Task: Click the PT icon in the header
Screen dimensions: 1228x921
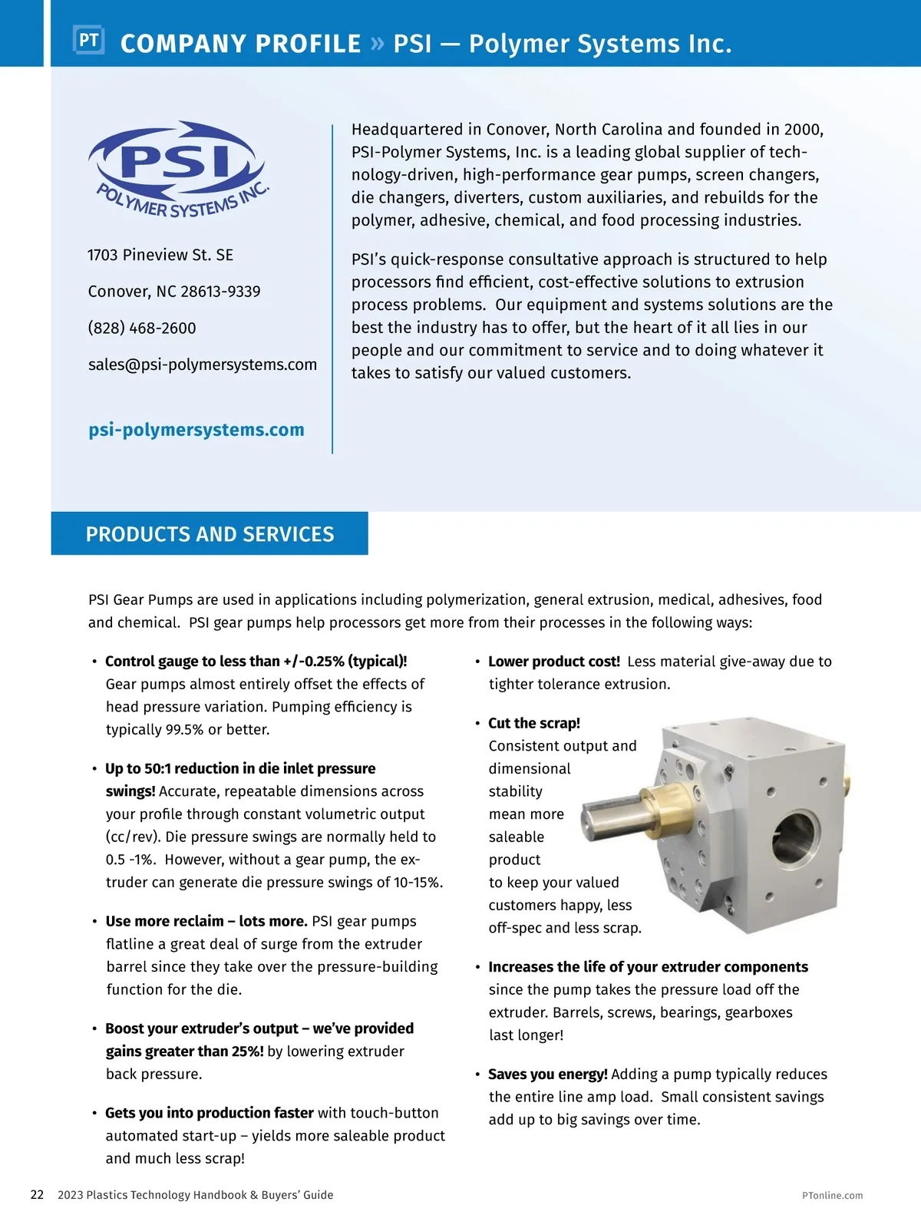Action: pos(88,40)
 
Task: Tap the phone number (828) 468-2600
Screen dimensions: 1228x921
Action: pos(142,328)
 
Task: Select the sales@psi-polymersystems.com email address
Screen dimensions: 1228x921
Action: pos(203,365)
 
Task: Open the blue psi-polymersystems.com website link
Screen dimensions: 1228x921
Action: pos(196,430)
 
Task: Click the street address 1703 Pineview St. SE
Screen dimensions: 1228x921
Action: pos(160,255)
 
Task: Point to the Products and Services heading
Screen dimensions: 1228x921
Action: pos(210,534)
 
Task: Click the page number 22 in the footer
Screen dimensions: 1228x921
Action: pos(37,1194)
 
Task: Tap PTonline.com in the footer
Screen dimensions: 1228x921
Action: pos(832,1195)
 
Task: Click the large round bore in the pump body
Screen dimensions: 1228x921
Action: pos(796,837)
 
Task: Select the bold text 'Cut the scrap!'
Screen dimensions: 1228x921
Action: pos(534,723)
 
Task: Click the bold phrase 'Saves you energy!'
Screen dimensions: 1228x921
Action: pos(548,1074)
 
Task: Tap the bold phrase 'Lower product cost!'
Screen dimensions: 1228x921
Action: pos(554,662)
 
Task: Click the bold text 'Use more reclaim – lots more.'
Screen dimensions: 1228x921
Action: pos(206,921)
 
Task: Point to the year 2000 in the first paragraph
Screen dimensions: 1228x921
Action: pos(803,129)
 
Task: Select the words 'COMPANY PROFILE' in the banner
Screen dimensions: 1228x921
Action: pos(240,44)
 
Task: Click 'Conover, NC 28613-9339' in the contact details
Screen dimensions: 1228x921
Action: pos(174,292)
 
